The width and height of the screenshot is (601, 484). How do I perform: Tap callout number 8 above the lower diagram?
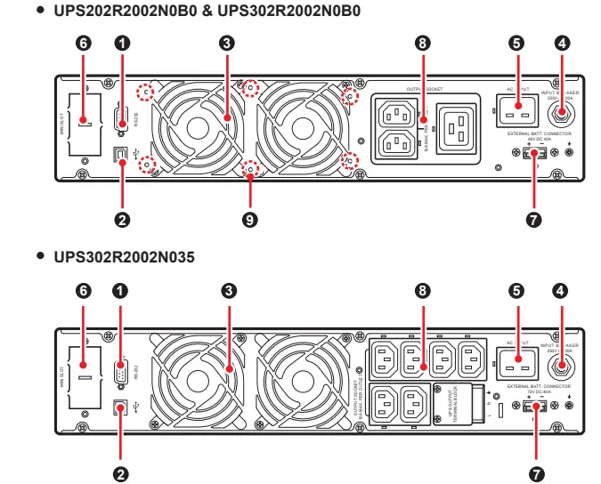(422, 290)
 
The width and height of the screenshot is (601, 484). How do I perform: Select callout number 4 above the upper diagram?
(561, 43)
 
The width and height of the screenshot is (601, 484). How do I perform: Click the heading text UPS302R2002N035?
(124, 257)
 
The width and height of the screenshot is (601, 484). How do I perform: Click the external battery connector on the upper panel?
(533, 153)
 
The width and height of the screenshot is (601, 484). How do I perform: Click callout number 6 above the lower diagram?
(85, 290)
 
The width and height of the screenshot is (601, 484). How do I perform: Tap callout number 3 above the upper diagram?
(229, 43)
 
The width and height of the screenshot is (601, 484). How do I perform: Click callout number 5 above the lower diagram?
(516, 290)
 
